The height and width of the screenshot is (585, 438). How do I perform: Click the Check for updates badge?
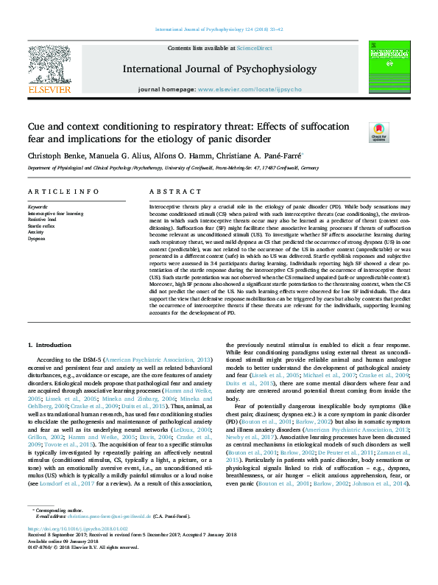(378, 132)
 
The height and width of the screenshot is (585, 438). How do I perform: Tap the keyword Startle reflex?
(40, 225)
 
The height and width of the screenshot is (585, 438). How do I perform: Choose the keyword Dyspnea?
(37, 237)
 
